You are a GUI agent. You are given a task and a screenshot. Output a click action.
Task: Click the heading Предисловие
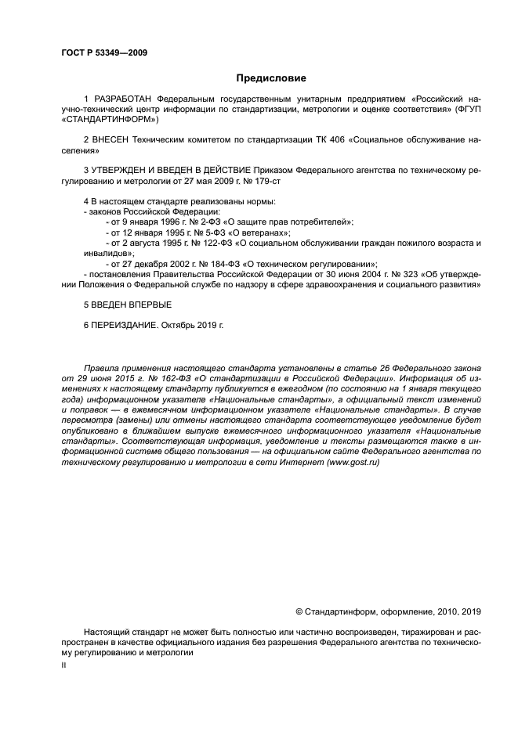point(271,78)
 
